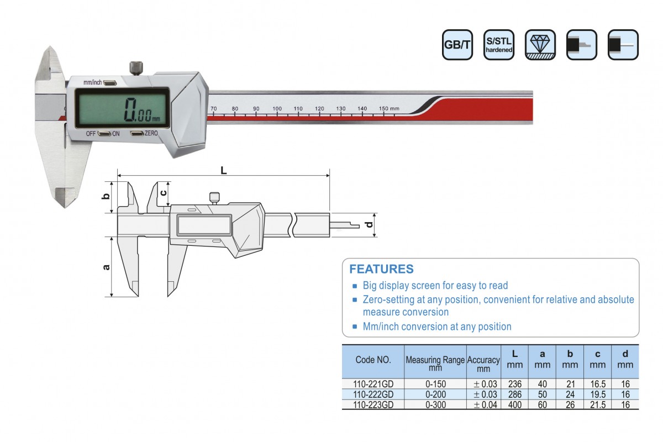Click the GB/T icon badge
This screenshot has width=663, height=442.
(457, 45)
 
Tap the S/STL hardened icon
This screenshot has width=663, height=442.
(499, 45)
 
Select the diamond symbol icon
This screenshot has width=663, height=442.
(540, 45)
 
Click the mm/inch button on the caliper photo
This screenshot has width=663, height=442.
(110, 82)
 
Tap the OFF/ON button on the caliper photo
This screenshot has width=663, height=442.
(104, 134)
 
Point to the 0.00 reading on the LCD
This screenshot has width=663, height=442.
(142, 110)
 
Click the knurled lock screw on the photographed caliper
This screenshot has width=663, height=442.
(136, 68)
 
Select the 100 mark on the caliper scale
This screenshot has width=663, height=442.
(277, 109)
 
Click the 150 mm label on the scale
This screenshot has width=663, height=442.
(389, 109)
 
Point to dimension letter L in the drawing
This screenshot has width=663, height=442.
(224, 170)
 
